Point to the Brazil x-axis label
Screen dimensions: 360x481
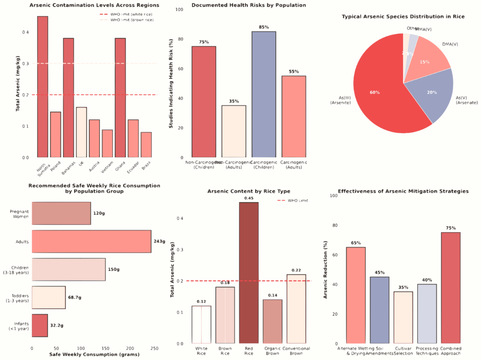tap(146, 167)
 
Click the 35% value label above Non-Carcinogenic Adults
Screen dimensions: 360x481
tap(234, 101)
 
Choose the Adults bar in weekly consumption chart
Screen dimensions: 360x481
tap(91, 242)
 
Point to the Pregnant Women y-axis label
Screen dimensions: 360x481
tap(19, 214)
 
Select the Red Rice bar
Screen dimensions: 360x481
tap(249, 273)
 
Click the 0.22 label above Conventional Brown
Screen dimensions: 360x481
tap(296, 270)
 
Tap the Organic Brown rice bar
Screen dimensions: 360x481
tap(272, 322)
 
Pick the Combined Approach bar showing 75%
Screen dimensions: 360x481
tap(451, 288)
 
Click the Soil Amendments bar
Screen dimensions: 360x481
tap(380, 310)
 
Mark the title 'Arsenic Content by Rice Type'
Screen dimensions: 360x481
tap(249, 191)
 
